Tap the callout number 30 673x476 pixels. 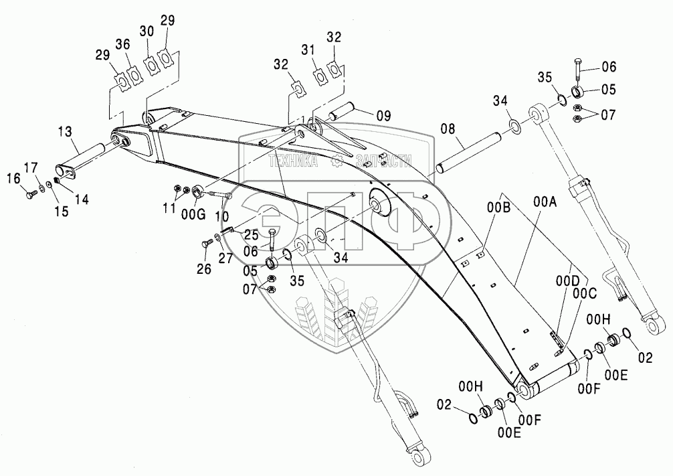coord(147,31)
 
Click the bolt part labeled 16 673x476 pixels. coord(29,194)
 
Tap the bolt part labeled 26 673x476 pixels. coord(205,245)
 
